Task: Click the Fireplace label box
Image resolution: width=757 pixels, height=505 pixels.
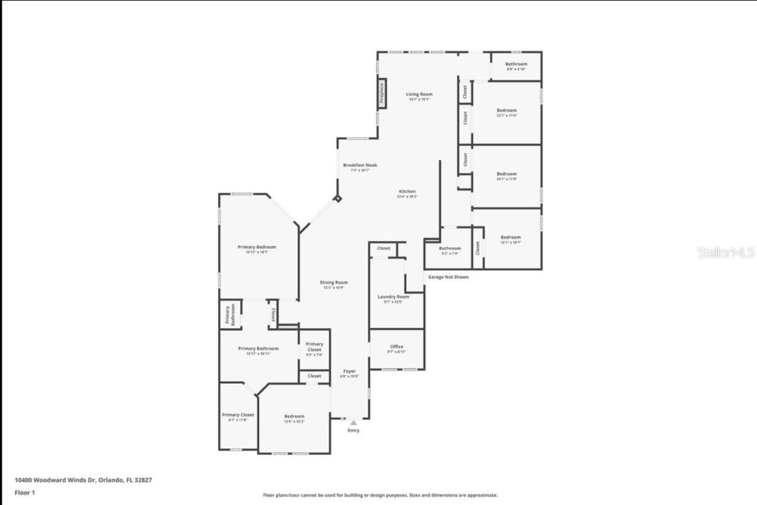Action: [382, 93]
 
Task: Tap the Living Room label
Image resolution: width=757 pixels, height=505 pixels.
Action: [419, 95]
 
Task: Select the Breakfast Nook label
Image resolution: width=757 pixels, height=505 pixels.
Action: [360, 166]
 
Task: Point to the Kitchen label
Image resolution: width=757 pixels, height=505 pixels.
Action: [407, 192]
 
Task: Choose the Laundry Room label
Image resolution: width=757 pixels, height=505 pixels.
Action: [393, 297]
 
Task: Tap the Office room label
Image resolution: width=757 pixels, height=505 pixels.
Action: [396, 347]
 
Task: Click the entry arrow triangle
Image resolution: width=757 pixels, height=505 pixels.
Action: [353, 422]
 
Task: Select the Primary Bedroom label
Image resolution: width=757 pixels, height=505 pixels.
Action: [257, 247]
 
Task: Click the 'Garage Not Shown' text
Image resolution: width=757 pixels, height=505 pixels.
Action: [448, 277]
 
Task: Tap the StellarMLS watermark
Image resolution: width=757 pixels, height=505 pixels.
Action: [726, 252]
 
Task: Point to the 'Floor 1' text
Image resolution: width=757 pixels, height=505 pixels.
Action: [25, 492]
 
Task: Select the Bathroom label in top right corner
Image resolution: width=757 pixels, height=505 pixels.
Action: [516, 64]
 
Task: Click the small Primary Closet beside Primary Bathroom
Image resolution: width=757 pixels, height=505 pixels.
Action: [314, 347]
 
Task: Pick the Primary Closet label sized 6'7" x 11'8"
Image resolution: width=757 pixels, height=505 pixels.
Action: [238, 415]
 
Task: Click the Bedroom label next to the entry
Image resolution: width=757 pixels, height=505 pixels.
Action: [294, 416]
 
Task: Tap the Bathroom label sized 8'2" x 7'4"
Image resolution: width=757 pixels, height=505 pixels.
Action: [449, 249]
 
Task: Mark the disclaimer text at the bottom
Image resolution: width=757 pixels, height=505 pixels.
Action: [380, 495]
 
